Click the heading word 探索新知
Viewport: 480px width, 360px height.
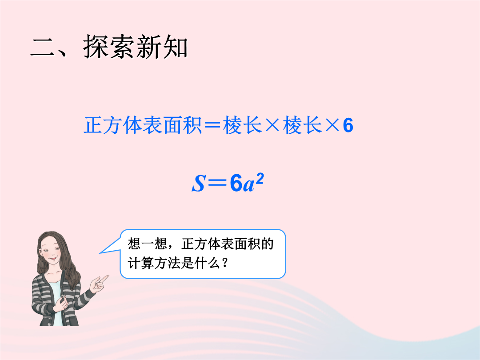click(135, 47)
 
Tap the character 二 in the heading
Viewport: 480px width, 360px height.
click(43, 48)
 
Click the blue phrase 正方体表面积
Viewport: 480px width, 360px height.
click(143, 125)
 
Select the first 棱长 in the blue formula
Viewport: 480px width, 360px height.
click(243, 125)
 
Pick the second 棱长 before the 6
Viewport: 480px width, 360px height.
click(302, 125)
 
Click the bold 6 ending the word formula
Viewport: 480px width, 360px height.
click(348, 125)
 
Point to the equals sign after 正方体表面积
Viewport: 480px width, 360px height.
click(212, 126)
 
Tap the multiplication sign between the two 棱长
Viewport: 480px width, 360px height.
click(272, 125)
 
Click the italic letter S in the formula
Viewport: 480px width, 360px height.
click(198, 183)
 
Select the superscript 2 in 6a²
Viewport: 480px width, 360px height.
click(259, 179)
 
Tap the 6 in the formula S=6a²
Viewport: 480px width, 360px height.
click(236, 183)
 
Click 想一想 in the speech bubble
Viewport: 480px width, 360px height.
click(148, 244)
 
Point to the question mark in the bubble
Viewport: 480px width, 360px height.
click(225, 263)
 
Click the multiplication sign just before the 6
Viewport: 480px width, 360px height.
click(332, 125)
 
